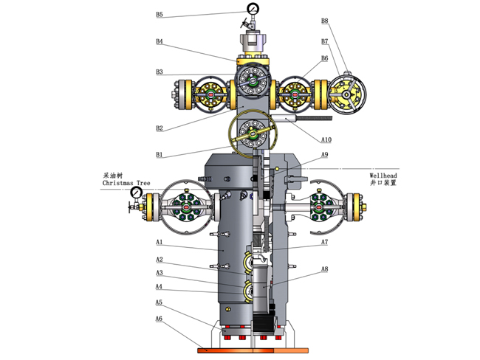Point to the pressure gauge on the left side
point(136,193)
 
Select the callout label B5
point(160,15)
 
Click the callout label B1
point(160,154)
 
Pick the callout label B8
point(324,21)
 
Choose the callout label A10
point(326,139)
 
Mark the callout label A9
point(324,154)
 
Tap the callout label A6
point(159,319)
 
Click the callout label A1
point(159,242)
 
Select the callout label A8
point(324,269)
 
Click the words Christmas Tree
point(126,182)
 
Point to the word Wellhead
point(383,175)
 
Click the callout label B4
point(160,42)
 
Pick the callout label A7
point(324,242)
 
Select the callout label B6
point(324,58)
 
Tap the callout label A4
point(159,286)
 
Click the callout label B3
point(160,72)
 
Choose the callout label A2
point(159,260)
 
